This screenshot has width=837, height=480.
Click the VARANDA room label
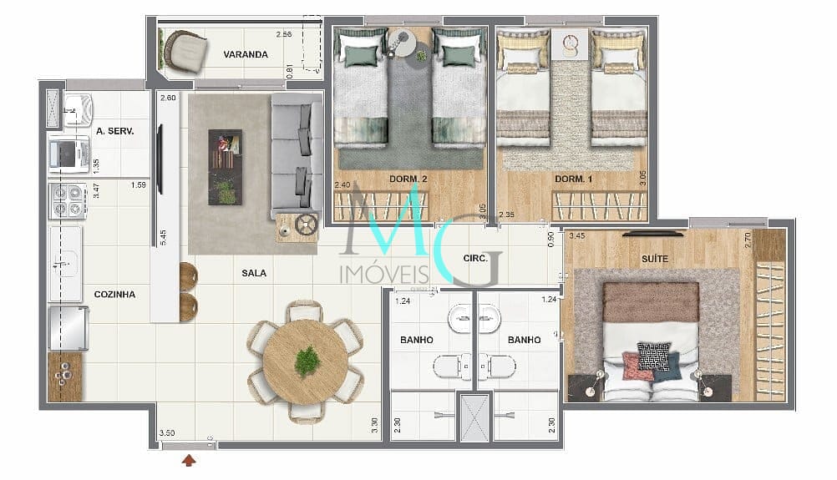246,54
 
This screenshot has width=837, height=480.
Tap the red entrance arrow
189,460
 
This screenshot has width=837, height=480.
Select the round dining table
306,361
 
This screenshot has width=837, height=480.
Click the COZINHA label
114,295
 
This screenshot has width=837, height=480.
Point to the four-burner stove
68,200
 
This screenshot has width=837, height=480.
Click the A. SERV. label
114,131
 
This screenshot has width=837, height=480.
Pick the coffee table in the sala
225,167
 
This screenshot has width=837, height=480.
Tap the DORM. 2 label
408,179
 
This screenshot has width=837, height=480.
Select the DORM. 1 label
573,179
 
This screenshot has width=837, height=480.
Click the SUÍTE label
654,259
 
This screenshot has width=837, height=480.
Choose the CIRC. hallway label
475,259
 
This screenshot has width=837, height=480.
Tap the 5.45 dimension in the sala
163,237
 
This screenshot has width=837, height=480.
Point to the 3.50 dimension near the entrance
167,433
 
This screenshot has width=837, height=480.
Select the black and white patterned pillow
654,356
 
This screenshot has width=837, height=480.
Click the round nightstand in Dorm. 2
403,43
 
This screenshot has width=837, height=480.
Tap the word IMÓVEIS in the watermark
384,274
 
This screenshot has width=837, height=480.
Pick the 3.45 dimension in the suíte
577,235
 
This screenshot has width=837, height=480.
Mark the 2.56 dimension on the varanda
284,34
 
